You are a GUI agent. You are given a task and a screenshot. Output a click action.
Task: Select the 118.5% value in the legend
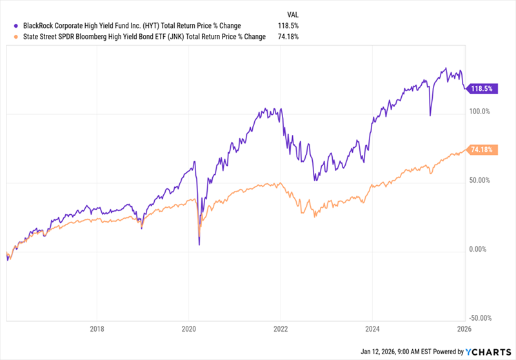pyautogui.click(x=288, y=26)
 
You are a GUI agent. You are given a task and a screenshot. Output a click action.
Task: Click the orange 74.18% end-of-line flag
pyautogui.click(x=481, y=150)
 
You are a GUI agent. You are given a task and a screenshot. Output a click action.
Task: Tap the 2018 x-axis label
pyautogui.click(x=97, y=328)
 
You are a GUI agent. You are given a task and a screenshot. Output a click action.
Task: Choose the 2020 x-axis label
pyautogui.click(x=188, y=328)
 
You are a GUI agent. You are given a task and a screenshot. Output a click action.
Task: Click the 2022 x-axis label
pyautogui.click(x=281, y=328)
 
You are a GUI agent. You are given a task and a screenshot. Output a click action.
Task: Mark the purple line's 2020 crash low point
pyautogui.click(x=199, y=245)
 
